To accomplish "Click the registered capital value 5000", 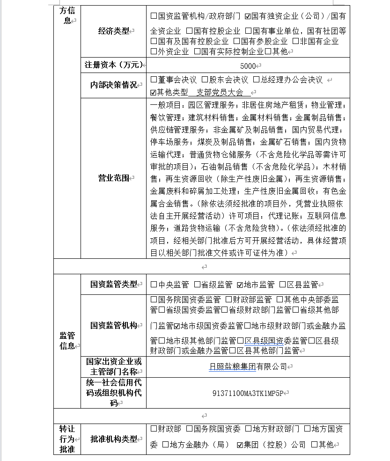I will pyautogui.click(x=248, y=66).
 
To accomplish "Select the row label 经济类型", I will pyautogui.click(x=113, y=31).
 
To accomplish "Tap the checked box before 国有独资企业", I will pyautogui.click(x=248, y=16).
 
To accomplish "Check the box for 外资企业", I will pyautogui.click(x=154, y=51).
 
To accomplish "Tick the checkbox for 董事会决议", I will pyautogui.click(x=154, y=80).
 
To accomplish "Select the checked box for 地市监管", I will pyautogui.click(x=240, y=285).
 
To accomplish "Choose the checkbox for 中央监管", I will pyautogui.click(x=154, y=285).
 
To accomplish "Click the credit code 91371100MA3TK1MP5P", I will pyautogui.click(x=248, y=393).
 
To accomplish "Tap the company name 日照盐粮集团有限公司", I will pyautogui.click(x=248, y=366).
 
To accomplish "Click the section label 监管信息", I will pyautogui.click(x=67, y=341).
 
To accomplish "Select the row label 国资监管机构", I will pyautogui.click(x=113, y=325).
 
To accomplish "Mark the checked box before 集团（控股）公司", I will pyautogui.click(x=240, y=445).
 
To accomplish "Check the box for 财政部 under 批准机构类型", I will pyautogui.click(x=154, y=429).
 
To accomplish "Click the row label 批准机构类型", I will pyautogui.click(x=113, y=439).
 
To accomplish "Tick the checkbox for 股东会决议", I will pyautogui.click(x=205, y=80).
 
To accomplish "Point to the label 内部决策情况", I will pyautogui.click(x=113, y=85).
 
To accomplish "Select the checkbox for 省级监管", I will pyautogui.click(x=197, y=285).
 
